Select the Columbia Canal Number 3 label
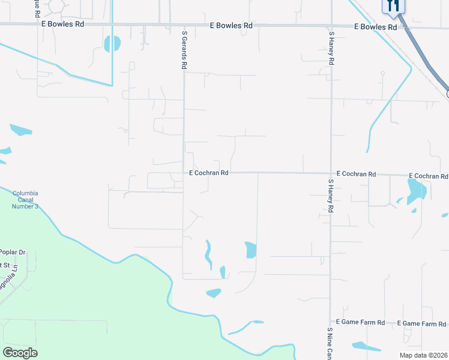click(x=25, y=200)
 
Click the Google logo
click(x=20, y=352)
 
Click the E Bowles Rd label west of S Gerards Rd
click(x=62, y=24)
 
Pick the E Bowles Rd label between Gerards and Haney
click(x=231, y=26)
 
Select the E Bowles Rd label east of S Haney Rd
click(x=375, y=27)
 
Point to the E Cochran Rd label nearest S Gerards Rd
click(x=209, y=173)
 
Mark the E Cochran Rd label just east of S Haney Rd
click(x=356, y=174)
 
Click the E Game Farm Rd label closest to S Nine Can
click(x=360, y=322)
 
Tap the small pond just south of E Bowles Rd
click(x=112, y=43)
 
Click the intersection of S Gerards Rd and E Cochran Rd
click(x=183, y=172)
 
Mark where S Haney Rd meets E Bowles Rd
click(x=331, y=26)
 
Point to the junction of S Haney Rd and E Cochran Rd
click(x=330, y=174)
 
